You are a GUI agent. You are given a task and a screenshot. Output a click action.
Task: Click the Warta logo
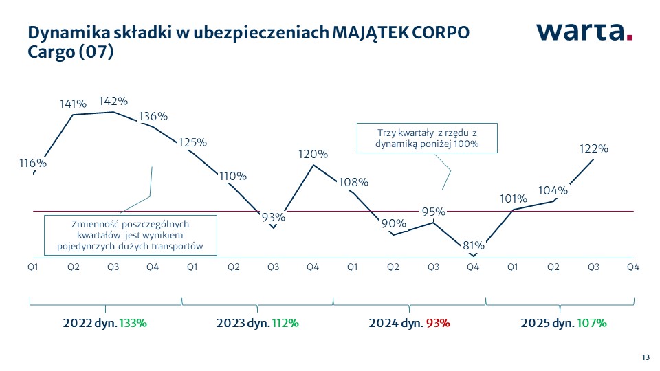pyautogui.click(x=584, y=32)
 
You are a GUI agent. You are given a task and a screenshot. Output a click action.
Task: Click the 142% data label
pyautogui.click(x=113, y=101)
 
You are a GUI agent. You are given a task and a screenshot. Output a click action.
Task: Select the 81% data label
pyautogui.click(x=474, y=245)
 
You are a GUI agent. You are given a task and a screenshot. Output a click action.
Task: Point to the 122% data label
pyautogui.click(x=594, y=148)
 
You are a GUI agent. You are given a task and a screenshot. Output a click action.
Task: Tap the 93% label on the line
pyautogui.click(x=273, y=217)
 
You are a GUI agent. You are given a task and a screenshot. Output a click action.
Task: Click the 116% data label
pyautogui.click(x=33, y=164)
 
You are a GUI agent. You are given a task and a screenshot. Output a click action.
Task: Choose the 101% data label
pyautogui.click(x=514, y=199)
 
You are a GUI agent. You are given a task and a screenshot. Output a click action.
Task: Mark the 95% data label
pyautogui.click(x=434, y=211)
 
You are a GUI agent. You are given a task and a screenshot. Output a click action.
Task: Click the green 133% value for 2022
pyautogui.click(x=133, y=322)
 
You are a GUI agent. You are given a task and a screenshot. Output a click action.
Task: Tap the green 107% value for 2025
pyautogui.click(x=593, y=322)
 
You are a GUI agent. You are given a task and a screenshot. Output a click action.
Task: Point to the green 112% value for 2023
pyautogui.click(x=285, y=322)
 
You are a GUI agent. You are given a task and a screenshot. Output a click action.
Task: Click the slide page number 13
pyautogui.click(x=646, y=357)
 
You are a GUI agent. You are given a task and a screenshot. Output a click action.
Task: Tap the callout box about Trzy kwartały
pyautogui.click(x=426, y=138)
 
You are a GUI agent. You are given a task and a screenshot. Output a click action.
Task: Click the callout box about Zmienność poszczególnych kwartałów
pyautogui.click(x=130, y=236)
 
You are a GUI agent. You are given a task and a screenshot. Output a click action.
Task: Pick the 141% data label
pyautogui.click(x=73, y=104)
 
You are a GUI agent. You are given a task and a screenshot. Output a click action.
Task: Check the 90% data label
pyautogui.click(x=394, y=223)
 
